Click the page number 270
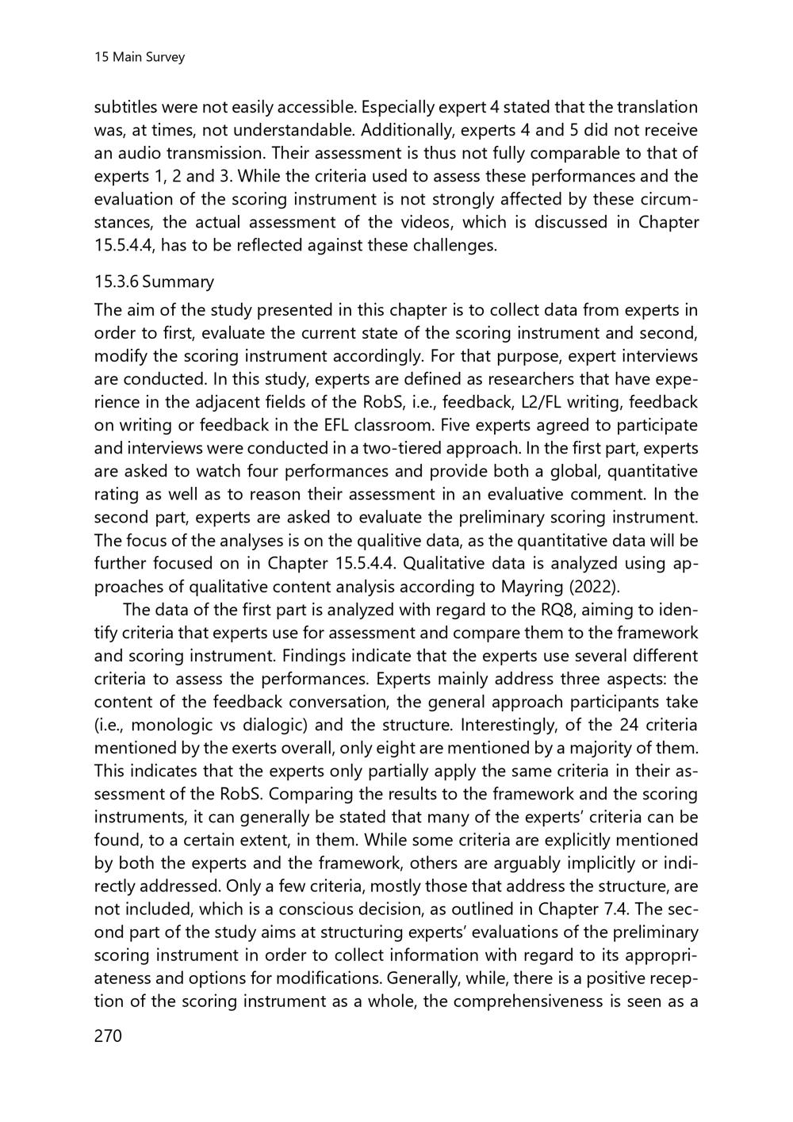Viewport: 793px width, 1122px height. click(109, 1036)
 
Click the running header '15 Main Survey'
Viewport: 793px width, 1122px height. click(139, 57)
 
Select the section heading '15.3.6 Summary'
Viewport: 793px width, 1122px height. click(154, 281)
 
